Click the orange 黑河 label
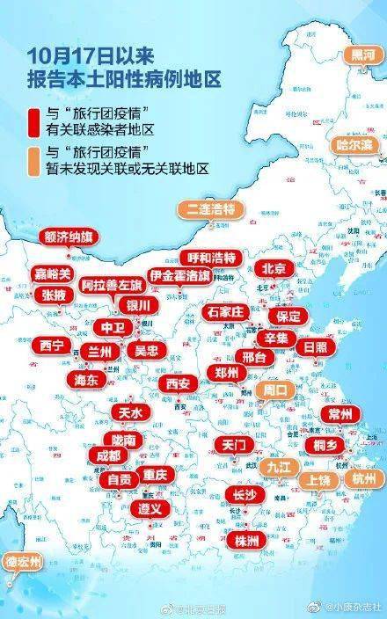362,55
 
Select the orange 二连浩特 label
212,209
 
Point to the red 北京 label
274,269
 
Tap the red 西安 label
178,382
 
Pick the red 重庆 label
155,474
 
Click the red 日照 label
315,346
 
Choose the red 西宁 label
52,346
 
